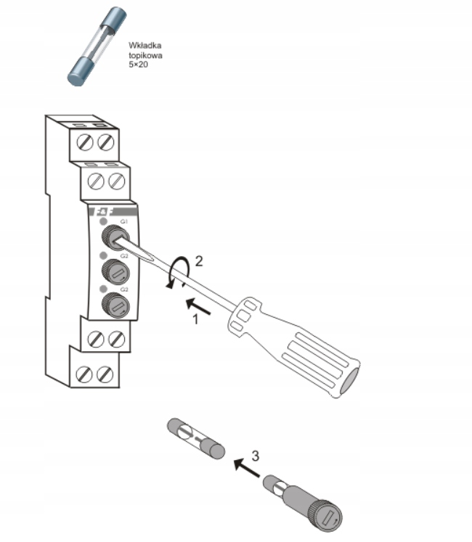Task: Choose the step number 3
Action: (256, 456)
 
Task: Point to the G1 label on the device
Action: (124, 220)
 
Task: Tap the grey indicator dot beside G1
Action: (103, 221)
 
